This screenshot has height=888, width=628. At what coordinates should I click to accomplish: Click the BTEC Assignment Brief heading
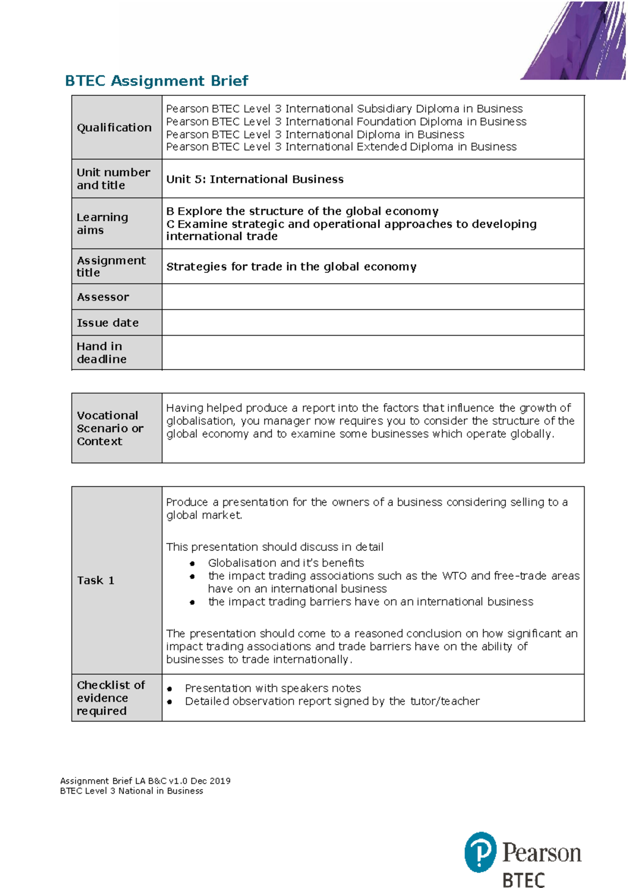click(x=156, y=81)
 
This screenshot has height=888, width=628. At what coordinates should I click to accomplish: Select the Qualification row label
click(x=114, y=127)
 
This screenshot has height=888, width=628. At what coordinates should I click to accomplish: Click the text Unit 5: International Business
click(x=255, y=179)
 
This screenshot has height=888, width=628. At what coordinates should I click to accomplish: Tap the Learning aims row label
click(x=103, y=224)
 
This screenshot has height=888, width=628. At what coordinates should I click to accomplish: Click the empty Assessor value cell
click(x=373, y=297)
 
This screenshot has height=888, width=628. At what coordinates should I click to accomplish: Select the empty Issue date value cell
click(x=373, y=323)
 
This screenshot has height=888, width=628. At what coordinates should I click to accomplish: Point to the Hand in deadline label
click(x=102, y=353)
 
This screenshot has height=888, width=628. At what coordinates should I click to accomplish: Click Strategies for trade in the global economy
click(x=291, y=267)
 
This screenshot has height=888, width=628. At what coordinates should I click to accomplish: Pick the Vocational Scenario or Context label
click(x=109, y=428)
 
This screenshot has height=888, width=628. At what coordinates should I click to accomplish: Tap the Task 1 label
click(x=95, y=580)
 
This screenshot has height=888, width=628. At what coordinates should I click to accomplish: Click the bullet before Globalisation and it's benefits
click(x=193, y=564)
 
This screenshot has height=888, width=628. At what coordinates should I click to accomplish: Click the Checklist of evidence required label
click(x=110, y=698)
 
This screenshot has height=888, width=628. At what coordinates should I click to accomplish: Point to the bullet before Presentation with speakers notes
click(x=170, y=689)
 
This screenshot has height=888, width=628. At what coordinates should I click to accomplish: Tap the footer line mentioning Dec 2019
click(x=145, y=781)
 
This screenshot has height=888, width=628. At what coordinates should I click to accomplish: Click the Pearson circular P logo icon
click(x=480, y=852)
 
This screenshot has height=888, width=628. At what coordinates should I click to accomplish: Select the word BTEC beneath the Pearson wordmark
click(x=523, y=880)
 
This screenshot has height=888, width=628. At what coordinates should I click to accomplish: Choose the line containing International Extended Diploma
click(x=341, y=147)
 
